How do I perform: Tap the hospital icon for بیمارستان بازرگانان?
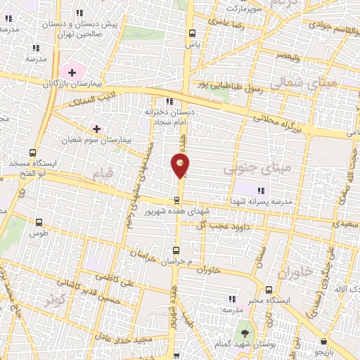point(71,72)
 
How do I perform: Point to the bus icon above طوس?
point(38,223)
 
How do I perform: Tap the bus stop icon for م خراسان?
point(176,250)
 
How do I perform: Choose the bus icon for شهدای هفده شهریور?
point(176,200)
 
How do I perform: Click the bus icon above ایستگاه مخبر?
point(268,290)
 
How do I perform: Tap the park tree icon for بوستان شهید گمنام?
point(245,333)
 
